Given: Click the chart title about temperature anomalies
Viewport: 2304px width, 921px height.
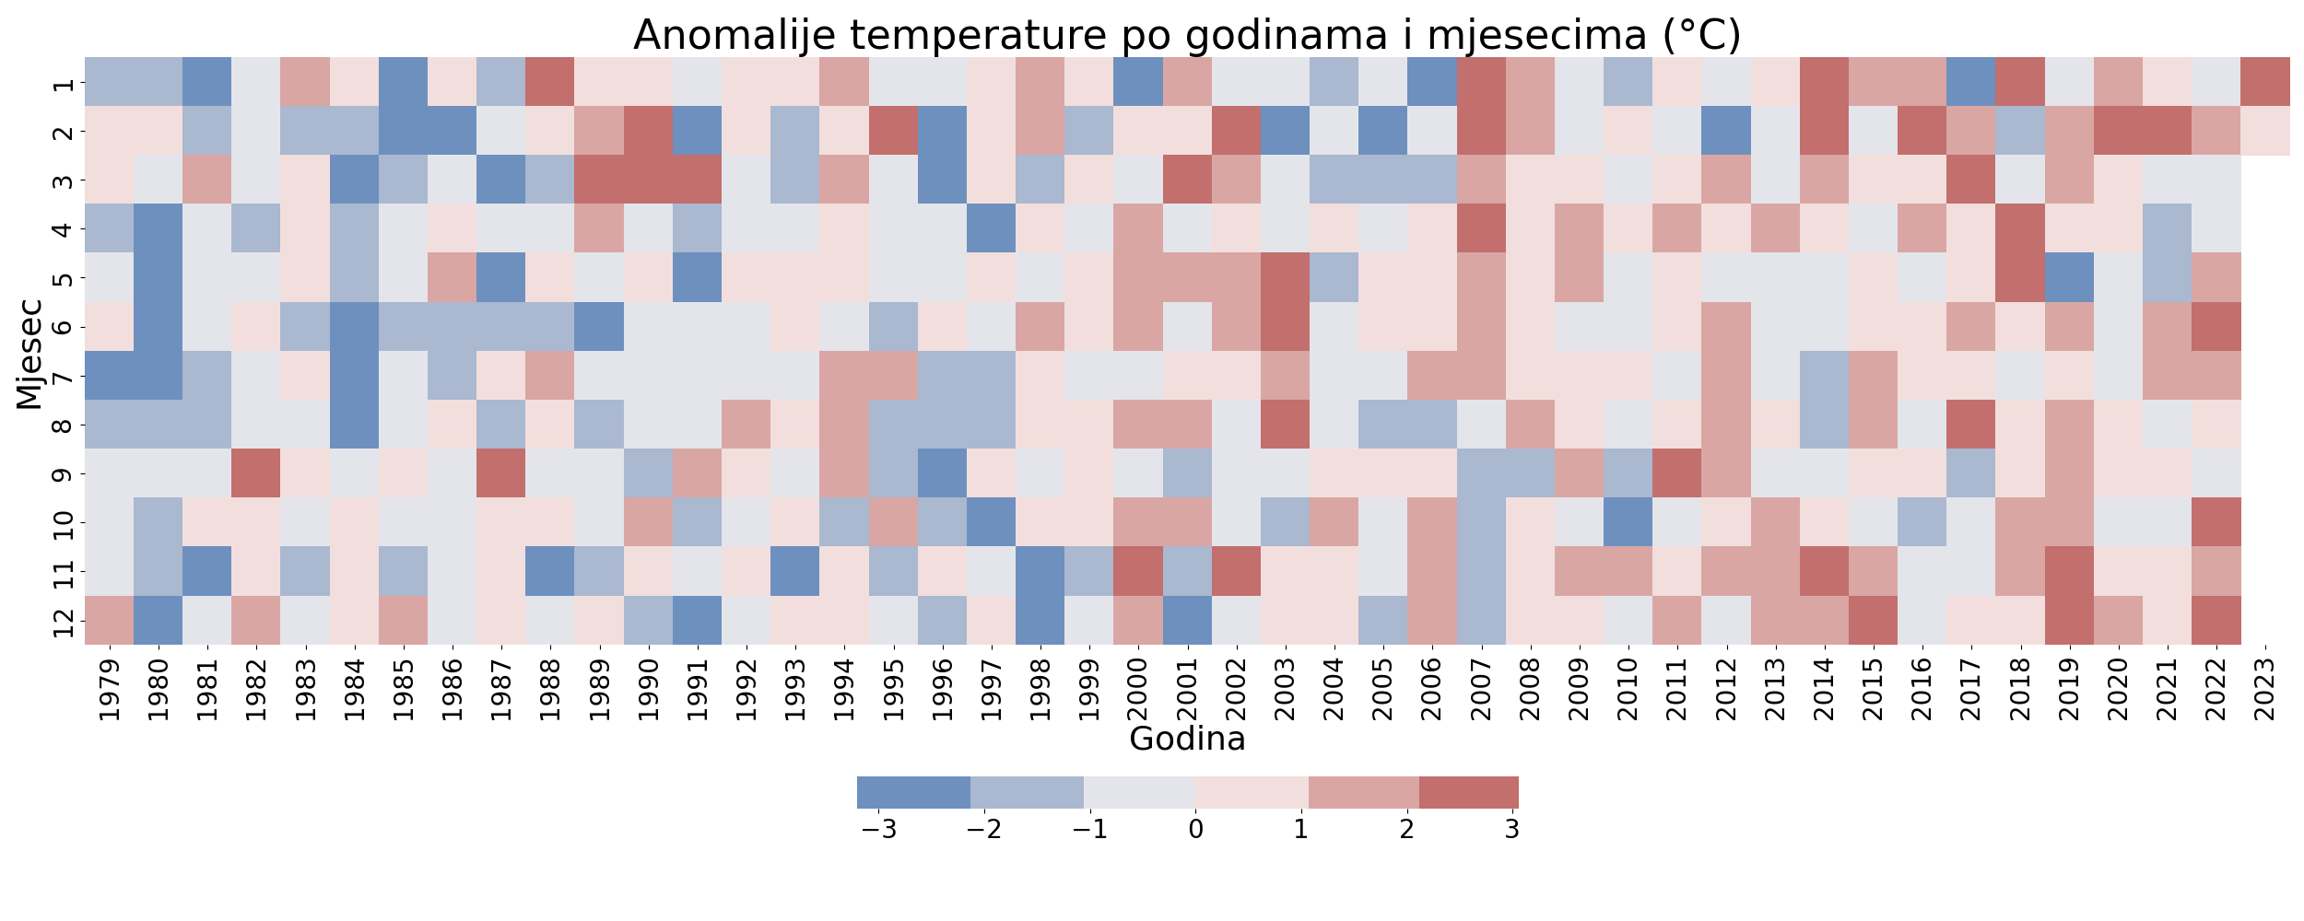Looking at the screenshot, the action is pos(1187,35).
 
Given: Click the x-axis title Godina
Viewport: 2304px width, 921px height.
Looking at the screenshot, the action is pos(1187,739).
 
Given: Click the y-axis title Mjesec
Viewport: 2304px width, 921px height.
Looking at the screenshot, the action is pos(29,352).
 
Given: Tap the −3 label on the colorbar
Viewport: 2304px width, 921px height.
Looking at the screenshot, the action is pos(878,830).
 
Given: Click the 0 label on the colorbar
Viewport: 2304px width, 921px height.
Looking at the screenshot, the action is pos(1195,830).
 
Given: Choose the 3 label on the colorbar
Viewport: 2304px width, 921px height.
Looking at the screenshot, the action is pos(1511,830).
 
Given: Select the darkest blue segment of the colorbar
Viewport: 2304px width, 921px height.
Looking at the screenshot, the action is pos(913,792).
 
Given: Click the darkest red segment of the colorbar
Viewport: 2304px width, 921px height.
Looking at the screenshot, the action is pos(1469,792).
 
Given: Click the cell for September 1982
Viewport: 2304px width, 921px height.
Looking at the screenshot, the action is pos(256,473).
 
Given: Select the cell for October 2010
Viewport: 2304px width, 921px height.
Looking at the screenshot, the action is pos(1628,522).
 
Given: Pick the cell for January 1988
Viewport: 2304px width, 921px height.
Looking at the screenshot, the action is pos(550,82).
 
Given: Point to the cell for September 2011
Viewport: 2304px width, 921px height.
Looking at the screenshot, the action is pos(1677,473).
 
